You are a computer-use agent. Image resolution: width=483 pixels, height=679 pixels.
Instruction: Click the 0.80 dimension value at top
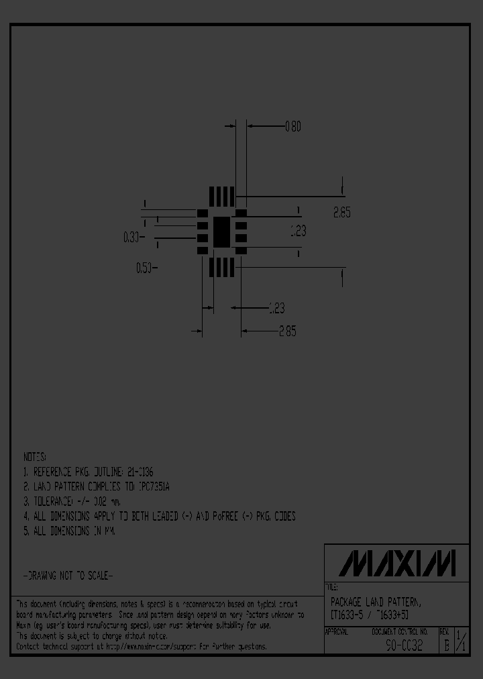coord(293,125)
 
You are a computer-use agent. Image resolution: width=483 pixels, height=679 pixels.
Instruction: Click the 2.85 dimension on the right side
coord(342,213)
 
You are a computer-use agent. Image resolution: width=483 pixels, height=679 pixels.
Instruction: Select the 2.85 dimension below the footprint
coord(286,331)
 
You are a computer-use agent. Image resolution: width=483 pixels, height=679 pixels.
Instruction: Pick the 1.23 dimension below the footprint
coord(276,308)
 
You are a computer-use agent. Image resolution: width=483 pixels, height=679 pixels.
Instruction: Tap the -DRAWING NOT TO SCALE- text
coord(68,576)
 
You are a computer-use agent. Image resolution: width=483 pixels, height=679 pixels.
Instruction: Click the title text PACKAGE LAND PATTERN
coord(376,603)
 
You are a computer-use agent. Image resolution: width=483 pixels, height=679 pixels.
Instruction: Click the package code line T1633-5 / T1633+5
coord(369,615)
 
